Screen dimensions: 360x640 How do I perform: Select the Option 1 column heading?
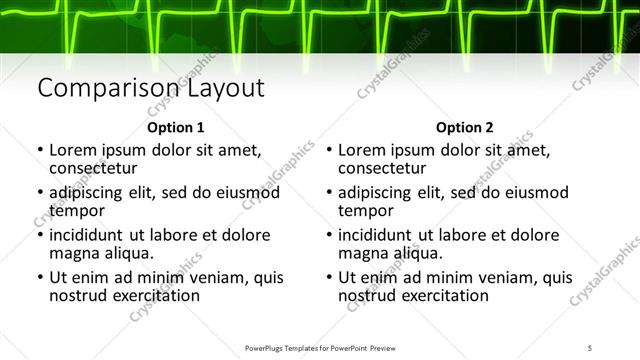point(175,128)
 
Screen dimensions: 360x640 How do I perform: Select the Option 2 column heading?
point(465,128)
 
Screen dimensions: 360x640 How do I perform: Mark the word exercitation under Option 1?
point(156,296)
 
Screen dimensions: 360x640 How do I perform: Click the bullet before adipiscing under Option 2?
point(329,192)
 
